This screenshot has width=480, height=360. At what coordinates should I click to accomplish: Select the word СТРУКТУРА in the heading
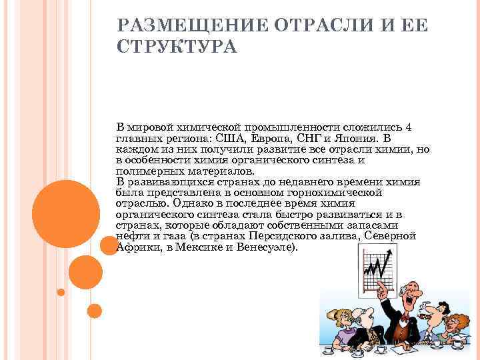coord(176,49)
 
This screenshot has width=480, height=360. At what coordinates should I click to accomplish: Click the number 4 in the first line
coord(409,127)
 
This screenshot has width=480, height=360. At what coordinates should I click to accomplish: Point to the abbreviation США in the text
coord(228,138)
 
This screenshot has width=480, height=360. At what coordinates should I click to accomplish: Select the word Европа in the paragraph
coord(267,138)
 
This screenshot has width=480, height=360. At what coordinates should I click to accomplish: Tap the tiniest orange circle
coord(61,292)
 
